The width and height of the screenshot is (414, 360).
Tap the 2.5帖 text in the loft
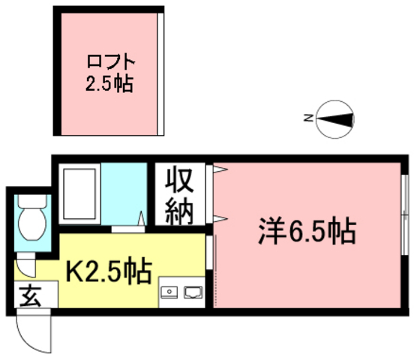[107, 82]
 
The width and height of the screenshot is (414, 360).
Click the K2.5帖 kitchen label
[110, 268]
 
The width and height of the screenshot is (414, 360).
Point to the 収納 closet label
[180, 196]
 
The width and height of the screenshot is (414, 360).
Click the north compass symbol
[335, 118]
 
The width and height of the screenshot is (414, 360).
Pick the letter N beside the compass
[307, 118]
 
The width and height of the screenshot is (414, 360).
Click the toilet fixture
[30, 217]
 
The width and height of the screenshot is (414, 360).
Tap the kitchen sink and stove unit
[181, 291]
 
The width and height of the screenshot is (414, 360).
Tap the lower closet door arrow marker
[219, 218]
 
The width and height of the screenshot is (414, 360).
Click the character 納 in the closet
[180, 210]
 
